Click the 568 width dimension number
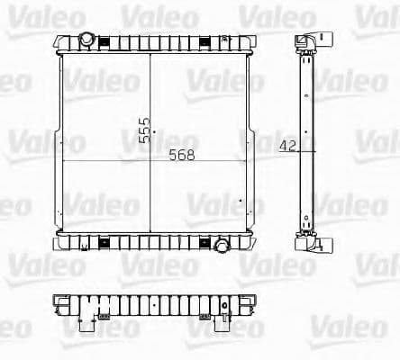[183, 155]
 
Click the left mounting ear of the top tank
[59, 42]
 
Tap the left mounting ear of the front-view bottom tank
[59, 240]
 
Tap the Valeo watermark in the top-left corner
[25, 14]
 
